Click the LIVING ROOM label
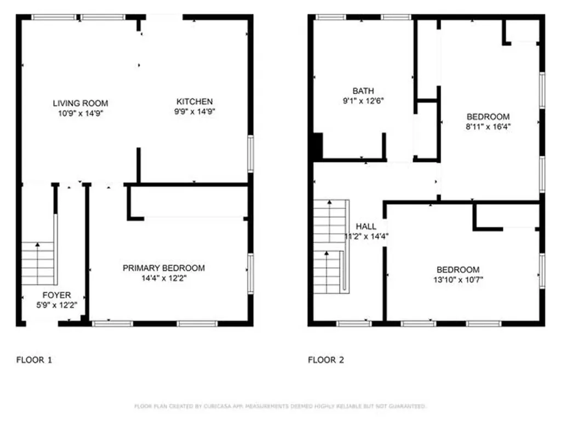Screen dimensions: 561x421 click(x=81, y=104)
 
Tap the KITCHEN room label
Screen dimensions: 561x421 click(x=194, y=101)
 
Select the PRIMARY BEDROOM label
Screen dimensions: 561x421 click(x=164, y=268)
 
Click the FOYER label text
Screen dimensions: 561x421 click(x=56, y=295)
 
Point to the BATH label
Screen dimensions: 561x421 click(x=363, y=91)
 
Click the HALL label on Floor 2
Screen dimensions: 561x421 click(x=366, y=226)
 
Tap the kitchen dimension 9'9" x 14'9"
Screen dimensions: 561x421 click(x=194, y=112)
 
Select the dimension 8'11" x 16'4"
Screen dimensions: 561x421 click(x=488, y=127)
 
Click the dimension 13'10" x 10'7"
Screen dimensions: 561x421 click(x=459, y=280)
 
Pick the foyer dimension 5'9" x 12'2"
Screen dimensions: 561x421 click(x=56, y=305)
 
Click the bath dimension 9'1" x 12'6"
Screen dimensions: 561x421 click(x=363, y=101)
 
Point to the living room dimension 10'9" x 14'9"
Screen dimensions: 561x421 click(x=81, y=113)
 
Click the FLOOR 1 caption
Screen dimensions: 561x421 click(x=35, y=360)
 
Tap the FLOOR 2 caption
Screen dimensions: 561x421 click(x=326, y=360)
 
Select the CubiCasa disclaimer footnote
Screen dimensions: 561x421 click(x=280, y=406)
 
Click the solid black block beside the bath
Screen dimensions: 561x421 click(x=318, y=146)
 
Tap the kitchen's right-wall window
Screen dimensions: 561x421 click(x=251, y=154)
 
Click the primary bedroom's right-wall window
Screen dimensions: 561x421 click(x=251, y=274)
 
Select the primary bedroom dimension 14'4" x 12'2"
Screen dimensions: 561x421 click(x=164, y=278)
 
